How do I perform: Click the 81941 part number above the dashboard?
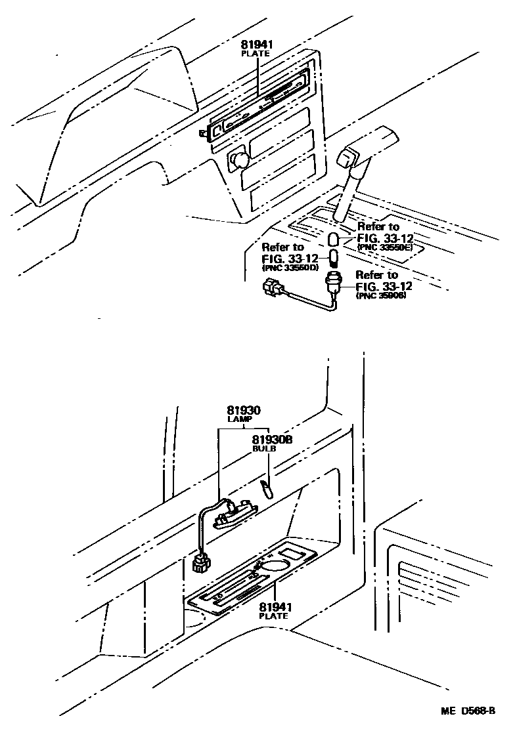click(x=256, y=45)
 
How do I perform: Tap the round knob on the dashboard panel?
click(x=239, y=159)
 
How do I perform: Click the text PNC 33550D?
click(x=290, y=268)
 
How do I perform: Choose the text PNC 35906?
click(x=380, y=296)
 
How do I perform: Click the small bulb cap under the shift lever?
click(x=334, y=237)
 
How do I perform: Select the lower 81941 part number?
click(x=275, y=607)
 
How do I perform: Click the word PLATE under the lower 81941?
click(x=274, y=616)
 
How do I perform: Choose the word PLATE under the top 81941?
click(x=256, y=53)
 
